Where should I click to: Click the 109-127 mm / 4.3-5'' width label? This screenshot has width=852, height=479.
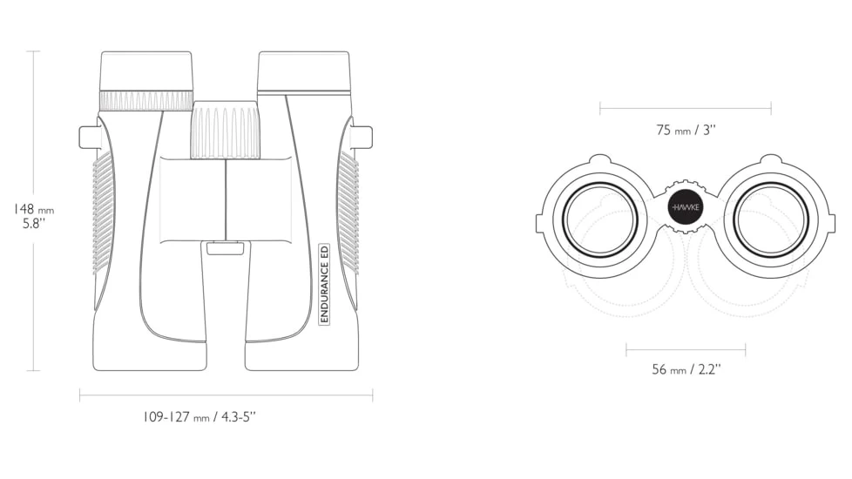(x=199, y=417)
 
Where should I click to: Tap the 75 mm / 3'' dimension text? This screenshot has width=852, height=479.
(x=686, y=131)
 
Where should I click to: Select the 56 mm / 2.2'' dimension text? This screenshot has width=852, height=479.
(x=686, y=369)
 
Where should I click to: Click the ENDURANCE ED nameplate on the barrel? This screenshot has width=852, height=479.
(x=324, y=284)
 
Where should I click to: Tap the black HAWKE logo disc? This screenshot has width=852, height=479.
(x=685, y=207)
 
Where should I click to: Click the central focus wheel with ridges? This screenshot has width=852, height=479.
(x=225, y=130)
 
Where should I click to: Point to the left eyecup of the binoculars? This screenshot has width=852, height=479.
(x=146, y=71)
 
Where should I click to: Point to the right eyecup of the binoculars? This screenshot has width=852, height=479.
(x=303, y=71)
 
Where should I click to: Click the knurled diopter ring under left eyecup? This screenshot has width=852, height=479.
(x=146, y=100)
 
